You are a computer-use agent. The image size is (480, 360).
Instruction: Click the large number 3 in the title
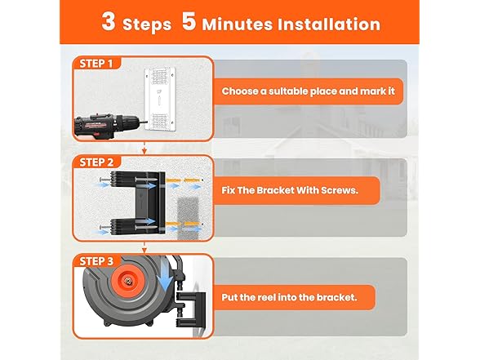[x=109, y=21]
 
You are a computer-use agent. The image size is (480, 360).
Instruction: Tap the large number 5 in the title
[x=189, y=21]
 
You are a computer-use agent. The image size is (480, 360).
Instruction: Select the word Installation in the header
[x=329, y=24]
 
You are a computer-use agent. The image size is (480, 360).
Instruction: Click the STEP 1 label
[x=96, y=64]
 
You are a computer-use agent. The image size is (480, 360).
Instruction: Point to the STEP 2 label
[x=96, y=162]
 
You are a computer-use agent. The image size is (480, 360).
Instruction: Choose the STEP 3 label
[x=96, y=261]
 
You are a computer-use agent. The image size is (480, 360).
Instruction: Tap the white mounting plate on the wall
[x=160, y=99]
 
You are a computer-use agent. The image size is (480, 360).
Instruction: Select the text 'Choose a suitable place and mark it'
[x=309, y=91]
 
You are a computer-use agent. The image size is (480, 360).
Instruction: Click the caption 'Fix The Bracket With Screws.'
[x=290, y=190]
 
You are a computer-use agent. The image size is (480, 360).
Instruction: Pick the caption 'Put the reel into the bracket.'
[x=289, y=297]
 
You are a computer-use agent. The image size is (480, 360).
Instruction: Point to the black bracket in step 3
[x=191, y=310]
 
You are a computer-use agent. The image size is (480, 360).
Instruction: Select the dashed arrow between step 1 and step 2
[x=144, y=148]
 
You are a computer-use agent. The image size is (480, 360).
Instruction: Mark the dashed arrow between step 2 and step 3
[x=144, y=247]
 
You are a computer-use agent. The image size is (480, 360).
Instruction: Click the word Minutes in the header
[x=238, y=24]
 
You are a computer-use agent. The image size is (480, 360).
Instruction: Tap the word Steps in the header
[x=147, y=25]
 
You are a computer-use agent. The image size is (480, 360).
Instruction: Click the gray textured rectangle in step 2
[x=189, y=218]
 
